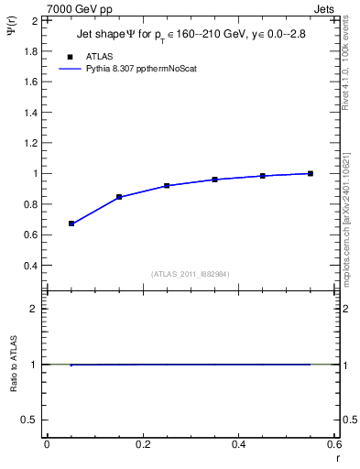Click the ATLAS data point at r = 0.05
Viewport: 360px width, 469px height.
(71, 224)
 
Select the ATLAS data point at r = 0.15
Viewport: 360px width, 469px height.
(119, 197)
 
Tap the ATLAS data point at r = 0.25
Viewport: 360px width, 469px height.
(167, 185)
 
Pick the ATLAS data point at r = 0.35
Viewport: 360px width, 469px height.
(215, 180)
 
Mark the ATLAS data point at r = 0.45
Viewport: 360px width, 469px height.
(263, 176)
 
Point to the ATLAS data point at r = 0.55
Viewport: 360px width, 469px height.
(311, 173)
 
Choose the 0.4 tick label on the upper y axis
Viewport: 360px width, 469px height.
(31, 266)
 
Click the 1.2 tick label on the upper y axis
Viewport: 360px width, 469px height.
(31, 143)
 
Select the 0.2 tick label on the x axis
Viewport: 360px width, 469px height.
(142, 443)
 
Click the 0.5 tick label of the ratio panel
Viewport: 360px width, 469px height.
(31, 420)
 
